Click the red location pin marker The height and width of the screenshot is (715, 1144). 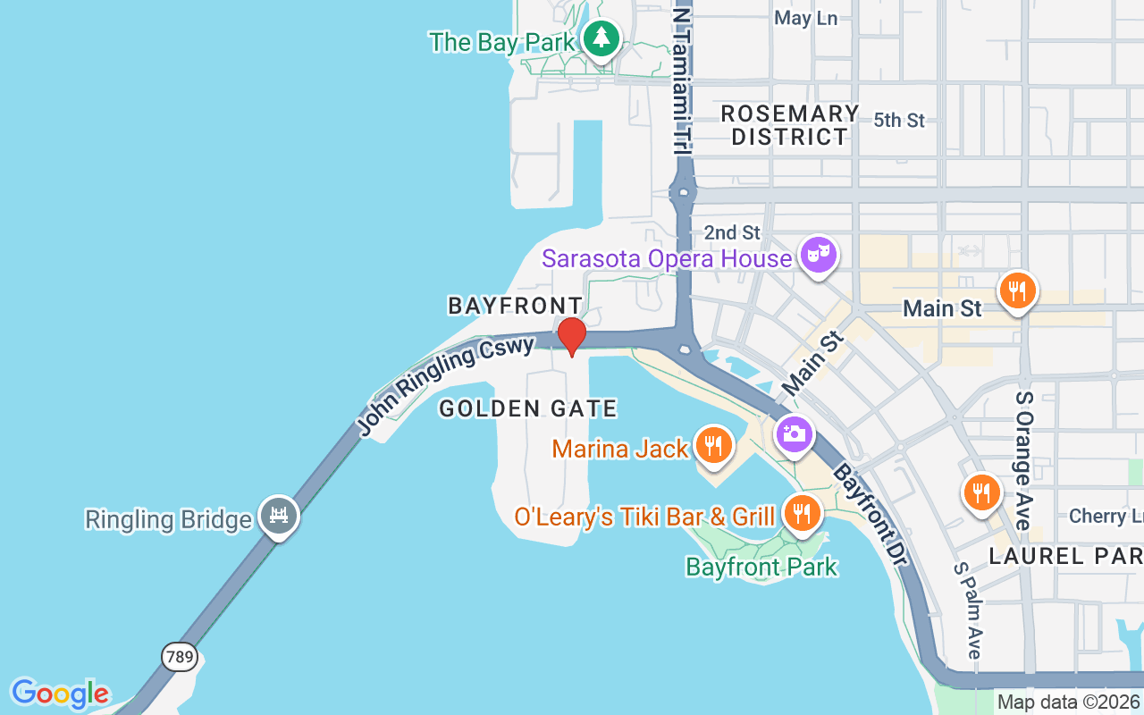[571, 336]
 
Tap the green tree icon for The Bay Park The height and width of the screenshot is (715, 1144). [602, 38]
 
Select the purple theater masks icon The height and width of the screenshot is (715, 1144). [817, 255]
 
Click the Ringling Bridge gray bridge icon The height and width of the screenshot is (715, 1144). [278, 515]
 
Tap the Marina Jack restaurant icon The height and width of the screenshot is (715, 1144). [712, 444]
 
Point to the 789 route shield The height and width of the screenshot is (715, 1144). [179, 657]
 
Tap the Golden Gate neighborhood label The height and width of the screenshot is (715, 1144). [528, 409]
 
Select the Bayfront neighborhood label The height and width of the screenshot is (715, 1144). [516, 306]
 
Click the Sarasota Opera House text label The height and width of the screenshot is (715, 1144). [667, 259]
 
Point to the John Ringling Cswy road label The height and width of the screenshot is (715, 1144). [447, 385]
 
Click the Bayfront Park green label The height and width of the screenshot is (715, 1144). [761, 567]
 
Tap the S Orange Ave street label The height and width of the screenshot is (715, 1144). [1023, 447]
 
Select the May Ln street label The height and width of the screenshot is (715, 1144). [805, 18]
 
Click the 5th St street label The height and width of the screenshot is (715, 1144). [898, 120]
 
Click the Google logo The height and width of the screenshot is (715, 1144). [60, 694]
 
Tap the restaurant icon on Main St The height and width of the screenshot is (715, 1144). [1017, 290]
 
